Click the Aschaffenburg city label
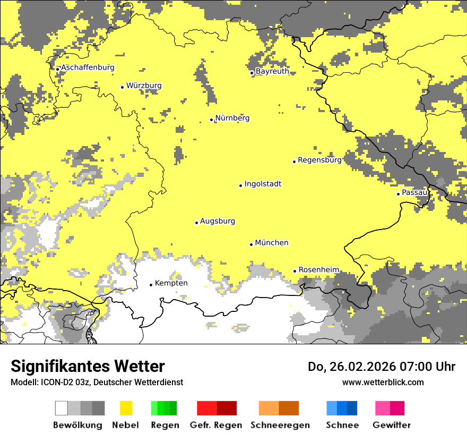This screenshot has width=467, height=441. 88,67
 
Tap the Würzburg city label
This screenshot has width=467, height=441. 144,86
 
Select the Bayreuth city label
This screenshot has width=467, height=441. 272,71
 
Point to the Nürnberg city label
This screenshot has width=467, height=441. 232,118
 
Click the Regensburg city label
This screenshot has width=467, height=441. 319,160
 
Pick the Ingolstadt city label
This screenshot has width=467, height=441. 263,184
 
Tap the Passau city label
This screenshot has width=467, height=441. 414,192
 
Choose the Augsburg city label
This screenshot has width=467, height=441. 218,221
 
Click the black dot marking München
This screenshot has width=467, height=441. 251,244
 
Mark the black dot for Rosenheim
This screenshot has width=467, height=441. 295,271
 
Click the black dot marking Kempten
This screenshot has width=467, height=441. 151,285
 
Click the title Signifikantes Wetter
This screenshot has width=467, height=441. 88,366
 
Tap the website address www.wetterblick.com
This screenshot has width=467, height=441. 383,382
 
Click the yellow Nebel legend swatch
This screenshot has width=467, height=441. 126,408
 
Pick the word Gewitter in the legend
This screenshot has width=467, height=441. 391,425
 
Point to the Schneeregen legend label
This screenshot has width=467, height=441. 280,425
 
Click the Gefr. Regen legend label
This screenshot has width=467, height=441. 215,425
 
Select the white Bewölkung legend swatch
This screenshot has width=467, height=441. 62,408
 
